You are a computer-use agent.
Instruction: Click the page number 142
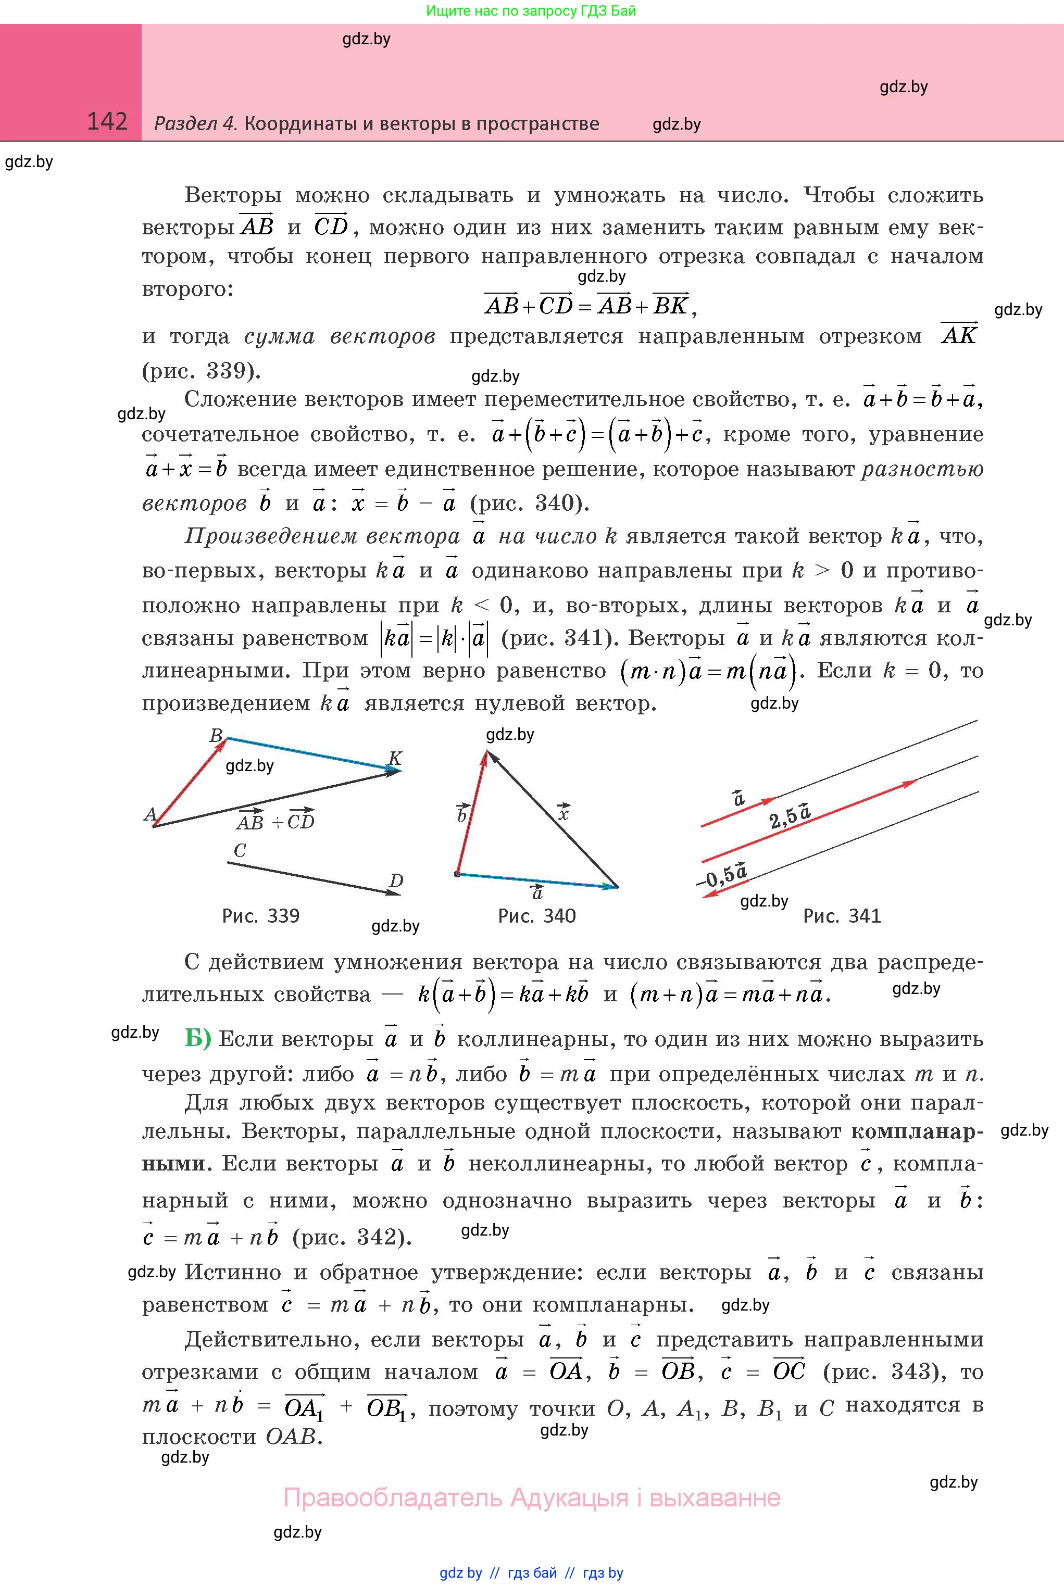coord(107,121)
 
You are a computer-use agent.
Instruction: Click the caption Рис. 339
coord(260,916)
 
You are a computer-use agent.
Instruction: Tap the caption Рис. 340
coord(537,916)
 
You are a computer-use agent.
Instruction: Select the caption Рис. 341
coord(842,916)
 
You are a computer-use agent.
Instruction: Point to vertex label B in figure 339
coord(216,735)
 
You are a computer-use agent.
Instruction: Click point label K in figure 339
coord(395,759)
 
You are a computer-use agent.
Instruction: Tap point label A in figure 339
coord(150,814)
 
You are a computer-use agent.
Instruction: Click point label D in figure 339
coord(396,881)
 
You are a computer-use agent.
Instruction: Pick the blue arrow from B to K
coord(312,753)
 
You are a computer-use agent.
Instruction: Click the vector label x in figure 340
coord(562,812)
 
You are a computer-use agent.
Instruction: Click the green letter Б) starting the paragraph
coord(197,1039)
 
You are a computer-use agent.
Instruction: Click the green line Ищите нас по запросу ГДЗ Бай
coord(531,11)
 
